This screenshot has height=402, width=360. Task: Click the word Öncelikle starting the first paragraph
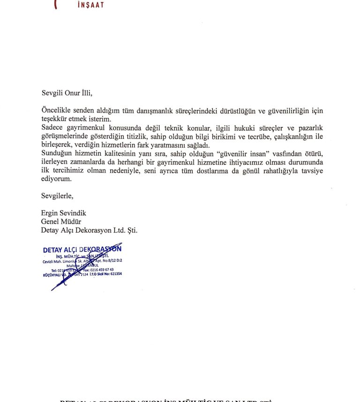point(56,111)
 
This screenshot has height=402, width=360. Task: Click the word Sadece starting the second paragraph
point(53,128)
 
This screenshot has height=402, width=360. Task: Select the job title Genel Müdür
point(61,221)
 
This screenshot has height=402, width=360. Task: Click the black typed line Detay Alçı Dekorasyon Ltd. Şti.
point(89,230)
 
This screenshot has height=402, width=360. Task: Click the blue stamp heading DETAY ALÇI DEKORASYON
point(82,250)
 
